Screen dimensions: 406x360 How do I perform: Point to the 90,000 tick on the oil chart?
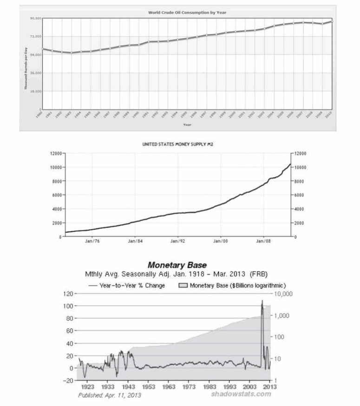[x=35, y=18]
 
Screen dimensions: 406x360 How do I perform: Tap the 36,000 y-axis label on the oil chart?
[x=35, y=73]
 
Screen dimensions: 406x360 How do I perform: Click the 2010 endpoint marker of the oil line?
[x=332, y=21]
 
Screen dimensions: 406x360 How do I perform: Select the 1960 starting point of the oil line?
[x=42, y=49]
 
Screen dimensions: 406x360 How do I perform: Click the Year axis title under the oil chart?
[x=187, y=124]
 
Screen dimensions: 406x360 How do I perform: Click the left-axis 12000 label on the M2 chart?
[x=56, y=153]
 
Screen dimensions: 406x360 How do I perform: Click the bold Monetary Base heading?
[x=177, y=265]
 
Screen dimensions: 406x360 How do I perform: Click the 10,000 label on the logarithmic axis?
[x=284, y=295]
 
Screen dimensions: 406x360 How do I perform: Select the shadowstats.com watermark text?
[x=241, y=394]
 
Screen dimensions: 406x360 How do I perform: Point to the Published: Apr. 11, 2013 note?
[x=110, y=395]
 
